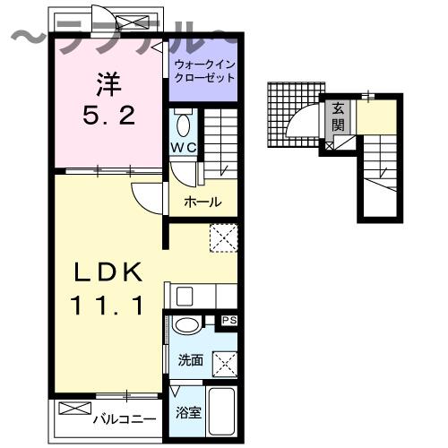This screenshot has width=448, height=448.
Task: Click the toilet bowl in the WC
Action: click(183, 123)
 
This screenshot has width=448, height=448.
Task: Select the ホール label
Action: click(202, 202)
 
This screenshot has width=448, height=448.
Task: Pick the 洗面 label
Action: click(188, 360)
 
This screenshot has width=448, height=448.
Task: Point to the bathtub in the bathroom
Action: click(220, 411)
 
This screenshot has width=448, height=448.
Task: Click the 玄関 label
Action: click(338, 116)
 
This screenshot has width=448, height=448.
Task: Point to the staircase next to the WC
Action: click(220, 143)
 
